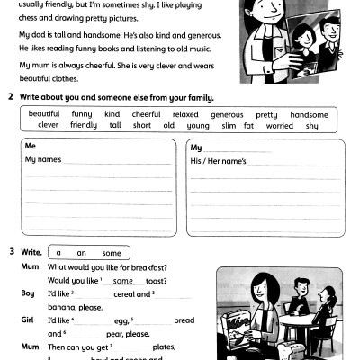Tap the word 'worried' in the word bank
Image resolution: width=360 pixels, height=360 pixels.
click(x=280, y=126)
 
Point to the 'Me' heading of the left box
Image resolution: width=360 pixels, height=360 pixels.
click(x=31, y=146)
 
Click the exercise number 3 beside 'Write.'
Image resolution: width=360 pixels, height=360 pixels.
click(x=11, y=252)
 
